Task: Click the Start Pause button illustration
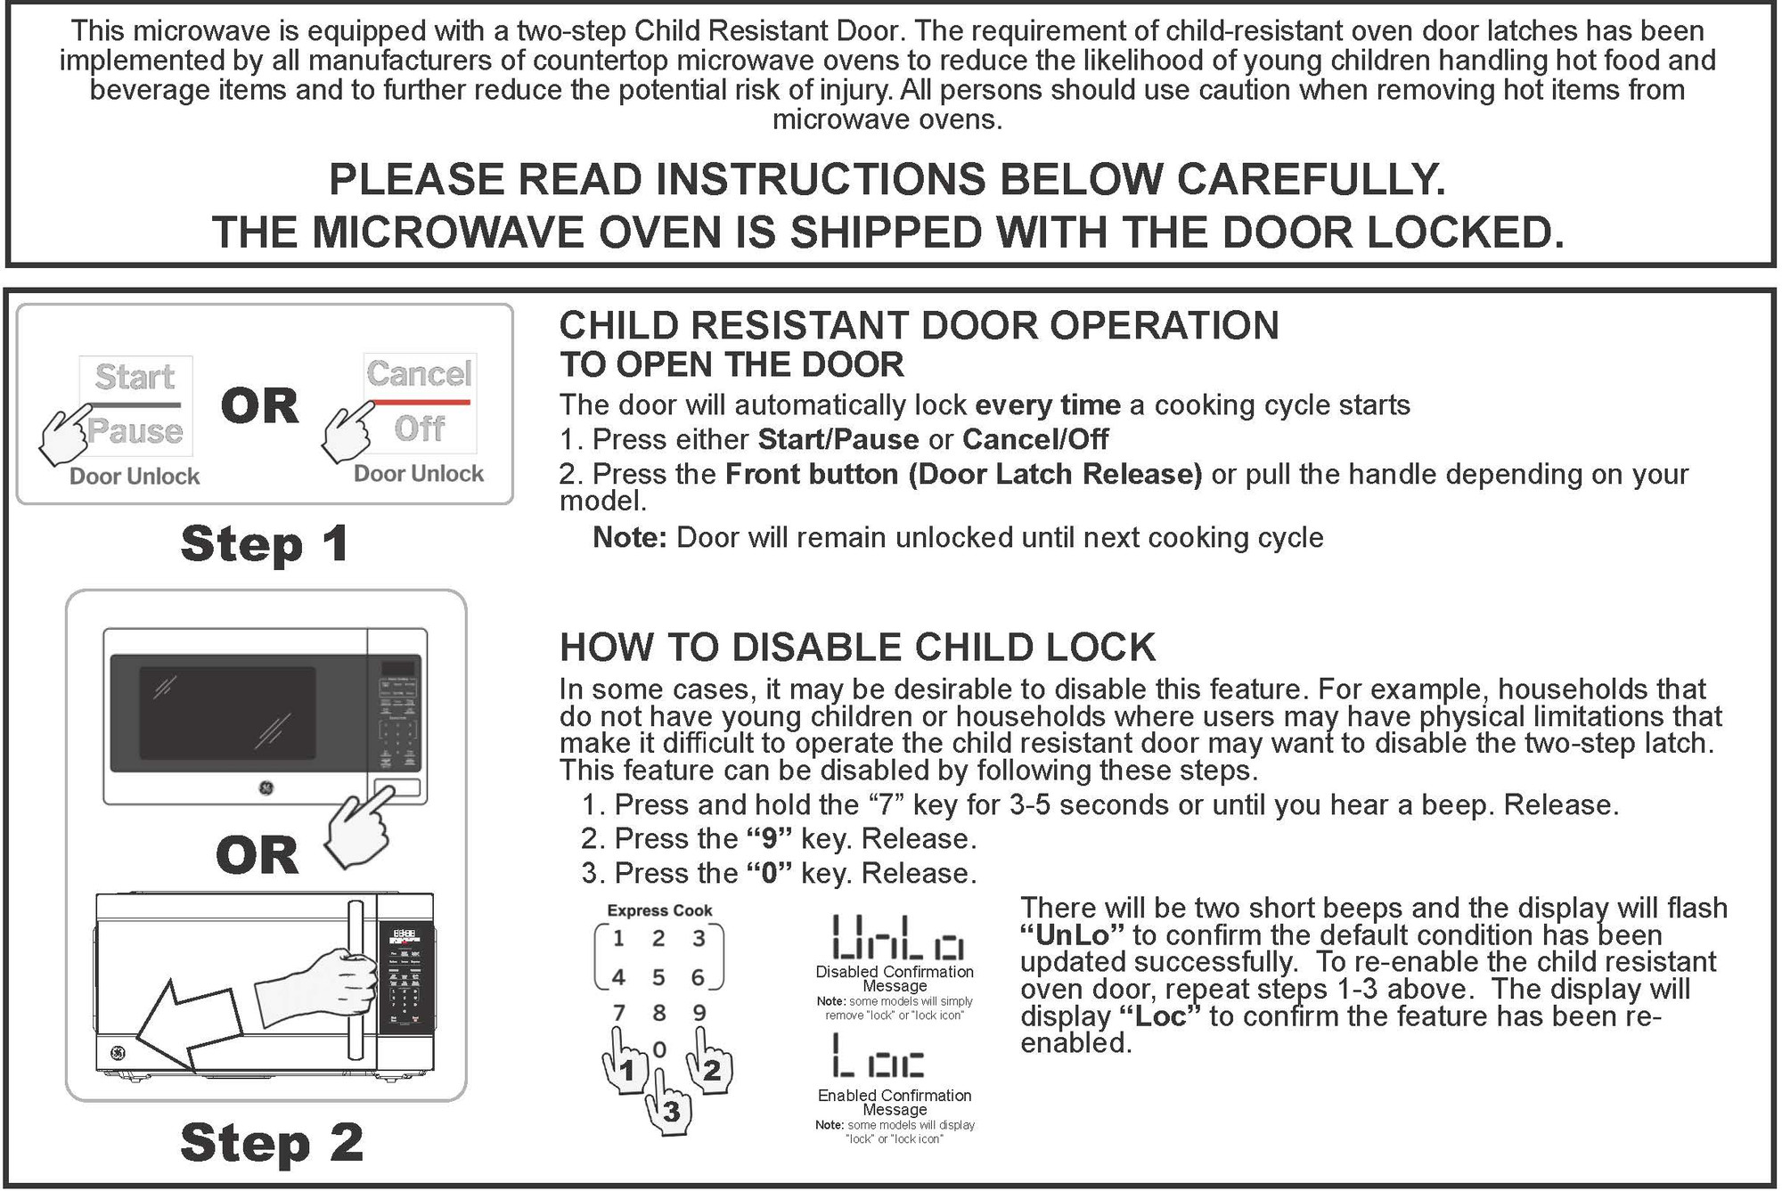[135, 405]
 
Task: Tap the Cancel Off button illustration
[420, 404]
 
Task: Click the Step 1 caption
[265, 543]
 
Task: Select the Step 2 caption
[272, 1143]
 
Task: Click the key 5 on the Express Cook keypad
[658, 978]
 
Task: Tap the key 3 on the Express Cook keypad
[699, 938]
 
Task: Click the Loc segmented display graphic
[878, 1056]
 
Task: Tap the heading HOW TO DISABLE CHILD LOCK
[857, 648]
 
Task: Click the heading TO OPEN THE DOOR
[732, 365]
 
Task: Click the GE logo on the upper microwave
[266, 787]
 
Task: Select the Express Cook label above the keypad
[659, 910]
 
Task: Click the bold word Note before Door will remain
[629, 538]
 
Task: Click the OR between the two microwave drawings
[257, 855]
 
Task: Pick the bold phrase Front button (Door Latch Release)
[963, 474]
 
